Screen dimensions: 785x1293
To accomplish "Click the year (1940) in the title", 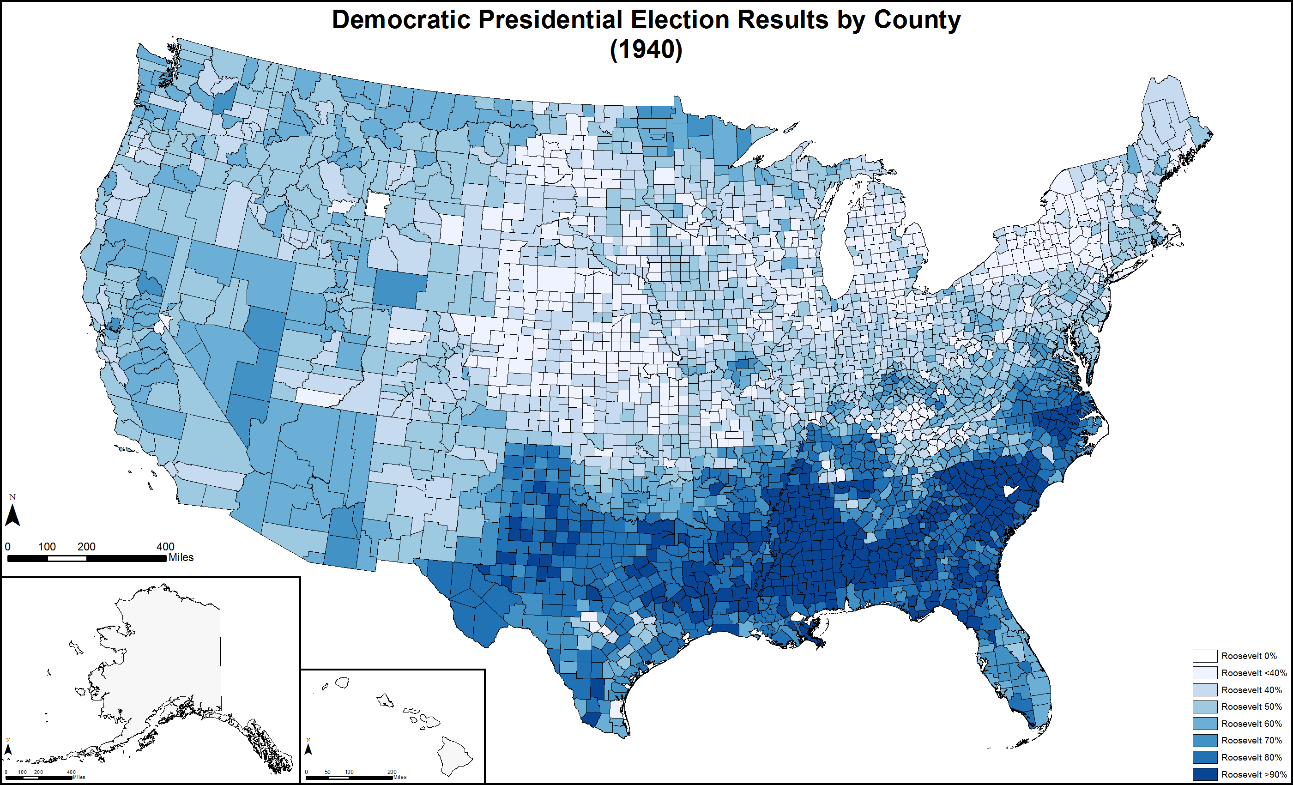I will tap(646, 50).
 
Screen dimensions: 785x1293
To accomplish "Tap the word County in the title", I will tap(917, 20).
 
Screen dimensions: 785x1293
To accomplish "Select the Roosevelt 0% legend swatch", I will tap(1204, 656).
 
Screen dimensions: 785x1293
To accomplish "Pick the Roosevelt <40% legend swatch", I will tap(1204, 673).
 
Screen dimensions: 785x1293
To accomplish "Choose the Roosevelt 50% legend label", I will tap(1251, 707).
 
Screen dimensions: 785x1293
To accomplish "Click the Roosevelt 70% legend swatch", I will tap(1204, 740).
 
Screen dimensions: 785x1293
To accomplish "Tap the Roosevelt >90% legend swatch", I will tap(1204, 774).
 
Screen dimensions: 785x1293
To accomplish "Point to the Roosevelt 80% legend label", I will tap(1251, 757).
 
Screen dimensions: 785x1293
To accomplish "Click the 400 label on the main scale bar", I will tap(165, 546).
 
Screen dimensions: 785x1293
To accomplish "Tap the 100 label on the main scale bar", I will tap(47, 546).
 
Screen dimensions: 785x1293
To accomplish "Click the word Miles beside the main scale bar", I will tap(181, 557).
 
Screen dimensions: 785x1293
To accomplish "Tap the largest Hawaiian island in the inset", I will tap(454, 755).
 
